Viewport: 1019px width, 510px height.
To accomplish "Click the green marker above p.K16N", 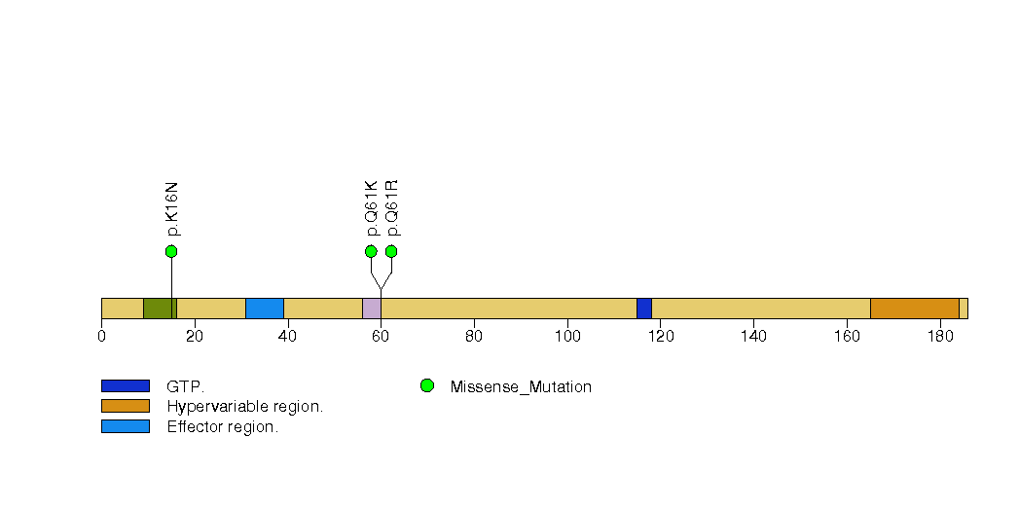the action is pyautogui.click(x=171, y=251).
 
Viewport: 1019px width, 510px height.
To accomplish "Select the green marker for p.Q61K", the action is pyautogui.click(x=371, y=251).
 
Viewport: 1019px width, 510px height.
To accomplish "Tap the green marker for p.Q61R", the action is pyautogui.click(x=391, y=251).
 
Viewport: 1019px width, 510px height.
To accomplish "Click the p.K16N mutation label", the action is pyautogui.click(x=171, y=208).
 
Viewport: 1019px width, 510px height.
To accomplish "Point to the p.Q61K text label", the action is pyautogui.click(x=371, y=208).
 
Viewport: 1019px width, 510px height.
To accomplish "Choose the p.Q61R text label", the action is pyautogui.click(x=392, y=208).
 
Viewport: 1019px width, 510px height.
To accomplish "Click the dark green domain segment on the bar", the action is pyautogui.click(x=160, y=309).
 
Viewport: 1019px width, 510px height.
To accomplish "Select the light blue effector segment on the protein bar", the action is pyautogui.click(x=265, y=309).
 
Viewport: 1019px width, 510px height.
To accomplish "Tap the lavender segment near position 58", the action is pyautogui.click(x=372, y=309).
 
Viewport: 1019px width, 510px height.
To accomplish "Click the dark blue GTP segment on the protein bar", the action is pyautogui.click(x=644, y=309).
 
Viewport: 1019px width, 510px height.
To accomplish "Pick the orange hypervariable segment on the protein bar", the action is pyautogui.click(x=915, y=309).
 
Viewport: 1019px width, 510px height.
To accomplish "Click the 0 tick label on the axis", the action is pyautogui.click(x=101, y=336).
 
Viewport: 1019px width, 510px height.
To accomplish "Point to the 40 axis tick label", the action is pyautogui.click(x=287, y=336).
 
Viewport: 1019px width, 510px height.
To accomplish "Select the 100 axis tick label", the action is pyautogui.click(x=567, y=336).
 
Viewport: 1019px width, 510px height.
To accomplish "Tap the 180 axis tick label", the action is pyautogui.click(x=940, y=336).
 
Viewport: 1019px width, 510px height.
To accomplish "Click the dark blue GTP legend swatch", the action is pyautogui.click(x=126, y=386).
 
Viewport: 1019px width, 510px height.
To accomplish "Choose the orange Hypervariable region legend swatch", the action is pyautogui.click(x=126, y=406).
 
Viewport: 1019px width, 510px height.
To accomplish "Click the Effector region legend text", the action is pyautogui.click(x=222, y=427).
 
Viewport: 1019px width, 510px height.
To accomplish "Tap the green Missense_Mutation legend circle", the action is pyautogui.click(x=427, y=386).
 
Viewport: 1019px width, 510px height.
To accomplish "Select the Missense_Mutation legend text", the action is pyautogui.click(x=521, y=387).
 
